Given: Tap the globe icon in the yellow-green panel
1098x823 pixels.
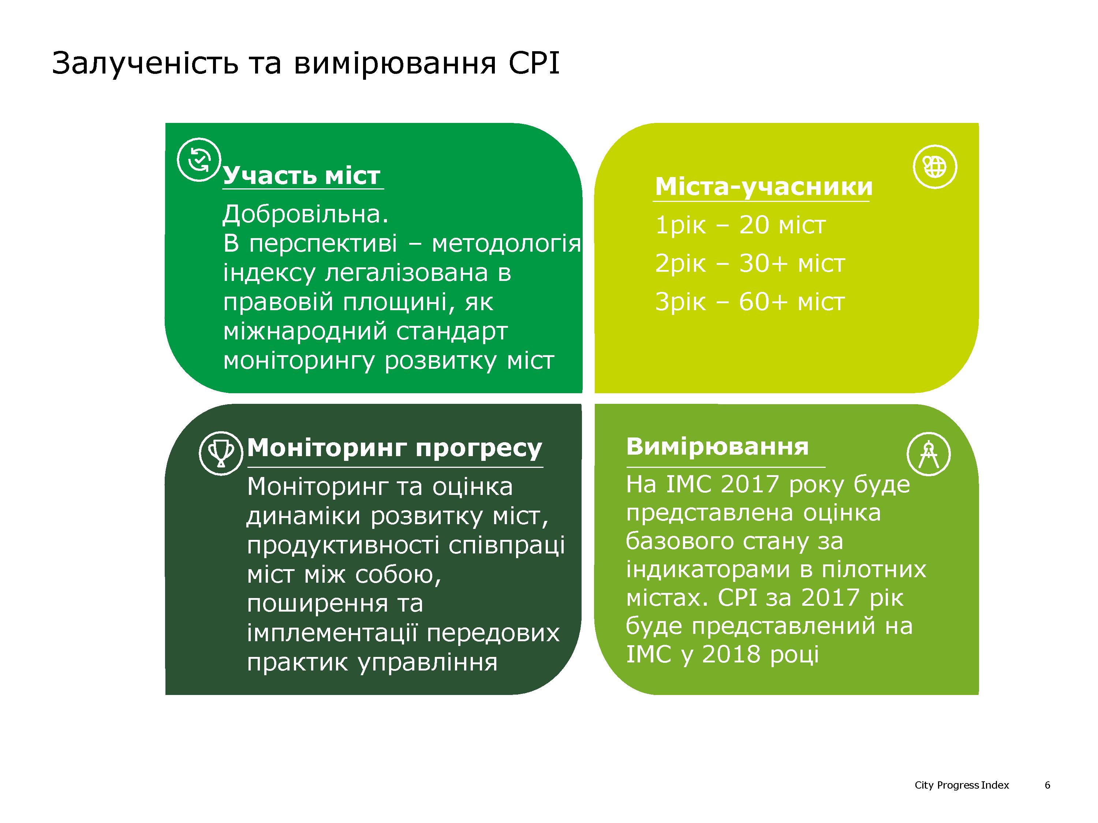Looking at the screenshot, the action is pos(935,167).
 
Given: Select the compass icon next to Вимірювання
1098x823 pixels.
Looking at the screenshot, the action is pos(929,454).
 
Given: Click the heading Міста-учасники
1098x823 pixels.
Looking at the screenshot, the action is pos(763,187).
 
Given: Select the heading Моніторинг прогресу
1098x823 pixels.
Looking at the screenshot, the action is pos(395,448).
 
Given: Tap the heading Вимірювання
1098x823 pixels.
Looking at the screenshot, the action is pos(717,447).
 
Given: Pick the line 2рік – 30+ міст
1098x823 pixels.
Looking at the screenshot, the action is pos(750,263).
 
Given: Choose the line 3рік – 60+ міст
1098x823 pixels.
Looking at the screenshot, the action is pos(750,302).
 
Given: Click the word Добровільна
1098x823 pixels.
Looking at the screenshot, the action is pos(305,214).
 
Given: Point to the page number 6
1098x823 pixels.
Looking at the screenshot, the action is pos(1047,785).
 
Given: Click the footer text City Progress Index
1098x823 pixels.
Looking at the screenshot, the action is pos(961,785).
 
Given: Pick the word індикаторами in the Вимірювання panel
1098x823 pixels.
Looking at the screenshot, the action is pos(709,570).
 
